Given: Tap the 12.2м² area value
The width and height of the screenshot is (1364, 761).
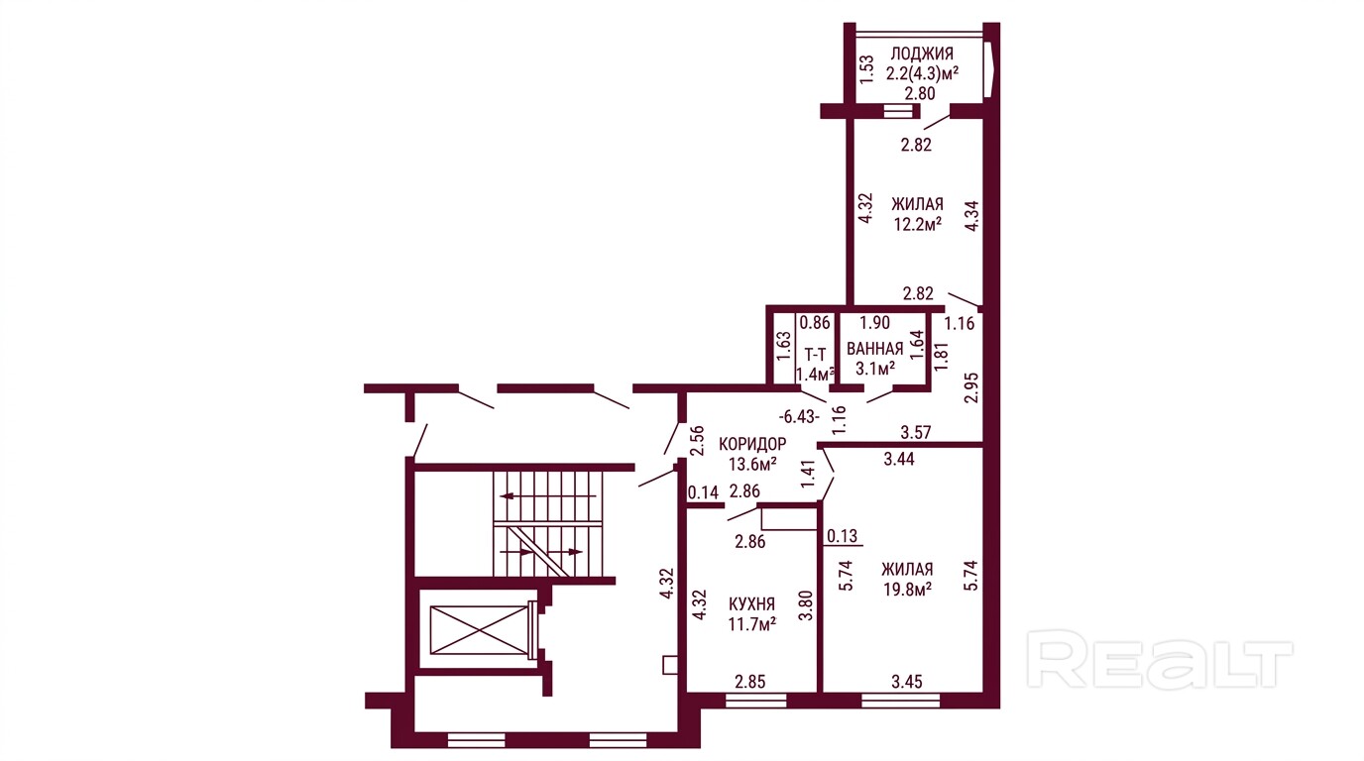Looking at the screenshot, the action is click(x=918, y=224).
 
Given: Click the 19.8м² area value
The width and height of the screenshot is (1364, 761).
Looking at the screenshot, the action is click(x=907, y=590).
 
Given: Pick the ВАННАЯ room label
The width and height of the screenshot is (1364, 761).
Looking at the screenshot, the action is click(x=875, y=349).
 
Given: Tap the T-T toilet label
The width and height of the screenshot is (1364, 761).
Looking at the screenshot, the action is click(x=816, y=355).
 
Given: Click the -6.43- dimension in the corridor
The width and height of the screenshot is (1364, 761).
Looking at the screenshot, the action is click(x=799, y=417).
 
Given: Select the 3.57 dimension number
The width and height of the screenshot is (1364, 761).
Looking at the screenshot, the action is click(x=916, y=432).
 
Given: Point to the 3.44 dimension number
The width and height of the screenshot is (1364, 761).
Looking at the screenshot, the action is click(x=899, y=459).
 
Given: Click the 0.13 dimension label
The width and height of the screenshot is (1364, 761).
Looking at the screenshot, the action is click(x=843, y=536).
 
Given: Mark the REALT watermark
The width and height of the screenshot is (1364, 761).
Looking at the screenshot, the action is click(x=1159, y=660).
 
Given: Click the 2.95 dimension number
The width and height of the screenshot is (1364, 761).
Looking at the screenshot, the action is click(x=971, y=387).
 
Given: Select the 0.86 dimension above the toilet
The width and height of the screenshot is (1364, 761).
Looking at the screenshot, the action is click(x=815, y=323).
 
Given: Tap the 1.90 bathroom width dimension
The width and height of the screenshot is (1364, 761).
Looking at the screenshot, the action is click(x=874, y=323).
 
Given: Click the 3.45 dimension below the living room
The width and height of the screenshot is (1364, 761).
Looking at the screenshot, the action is click(x=907, y=682).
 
